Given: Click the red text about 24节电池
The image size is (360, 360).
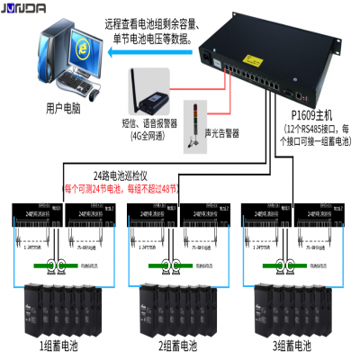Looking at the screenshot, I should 121,189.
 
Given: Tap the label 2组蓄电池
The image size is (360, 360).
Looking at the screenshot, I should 180,346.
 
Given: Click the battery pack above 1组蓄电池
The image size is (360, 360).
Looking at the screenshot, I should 60,306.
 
